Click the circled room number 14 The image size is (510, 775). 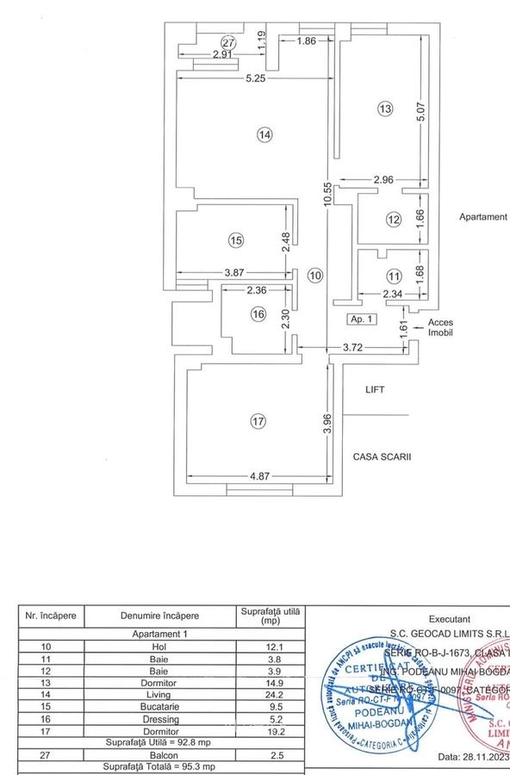pos(264,134)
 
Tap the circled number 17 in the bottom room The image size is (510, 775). pos(256,421)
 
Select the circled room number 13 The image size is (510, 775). pos(384,108)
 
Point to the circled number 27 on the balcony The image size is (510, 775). pos(227,42)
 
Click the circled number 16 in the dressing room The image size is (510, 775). pos(257,315)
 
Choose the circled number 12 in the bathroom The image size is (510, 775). pos(394,220)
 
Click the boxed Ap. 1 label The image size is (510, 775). pos(362,319)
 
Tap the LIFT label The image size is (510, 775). pos(375,390)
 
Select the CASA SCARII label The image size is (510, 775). pos(381,458)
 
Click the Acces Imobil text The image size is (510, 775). pos(440,328)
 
